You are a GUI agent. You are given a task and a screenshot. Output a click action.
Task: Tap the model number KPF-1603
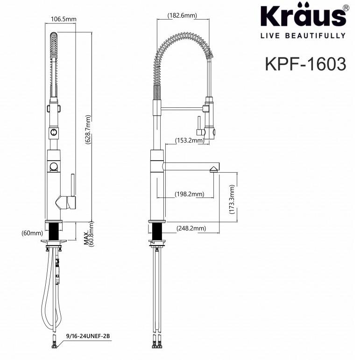(x=305, y=64)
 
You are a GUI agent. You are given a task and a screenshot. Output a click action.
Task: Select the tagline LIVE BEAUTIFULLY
(x=303, y=35)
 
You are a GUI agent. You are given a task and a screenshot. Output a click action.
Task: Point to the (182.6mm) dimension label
(x=182, y=15)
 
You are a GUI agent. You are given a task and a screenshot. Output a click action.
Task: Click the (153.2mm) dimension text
(x=189, y=140)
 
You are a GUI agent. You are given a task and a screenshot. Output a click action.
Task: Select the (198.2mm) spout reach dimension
(x=189, y=194)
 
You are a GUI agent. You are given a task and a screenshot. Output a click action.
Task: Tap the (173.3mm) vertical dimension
(x=232, y=198)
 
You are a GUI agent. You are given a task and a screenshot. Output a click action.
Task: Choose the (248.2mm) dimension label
(x=191, y=228)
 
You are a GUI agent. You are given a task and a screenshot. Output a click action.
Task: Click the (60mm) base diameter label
(x=32, y=233)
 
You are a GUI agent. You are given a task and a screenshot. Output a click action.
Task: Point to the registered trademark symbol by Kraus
(x=345, y=8)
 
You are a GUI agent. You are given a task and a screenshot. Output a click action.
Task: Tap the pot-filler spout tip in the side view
(x=214, y=169)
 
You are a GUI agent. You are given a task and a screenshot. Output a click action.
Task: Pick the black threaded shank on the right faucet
(x=157, y=231)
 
